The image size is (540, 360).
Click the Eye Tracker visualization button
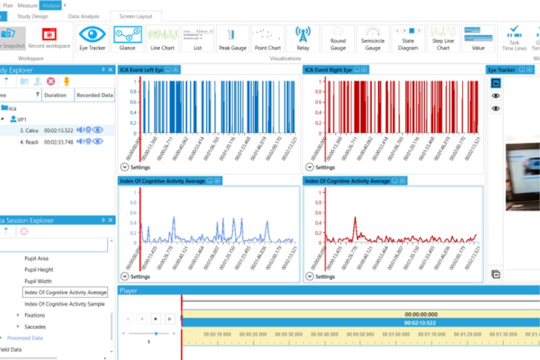pos(93,37)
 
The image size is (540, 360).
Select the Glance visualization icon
pos(127,37)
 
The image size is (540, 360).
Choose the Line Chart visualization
pos(163,37)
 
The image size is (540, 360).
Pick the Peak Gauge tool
pos(232,37)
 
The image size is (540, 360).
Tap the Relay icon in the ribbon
pos(303,37)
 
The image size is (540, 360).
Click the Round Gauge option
pos(338,37)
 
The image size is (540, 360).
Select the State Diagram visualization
pos(408,37)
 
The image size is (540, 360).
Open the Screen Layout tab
pos(136,17)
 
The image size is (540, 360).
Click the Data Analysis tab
pos(84,17)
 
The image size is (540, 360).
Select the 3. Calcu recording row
pos(28,130)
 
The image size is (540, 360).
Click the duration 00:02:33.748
pos(58,141)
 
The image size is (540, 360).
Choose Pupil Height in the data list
pos(39,270)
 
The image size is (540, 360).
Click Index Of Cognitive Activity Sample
pos(65,304)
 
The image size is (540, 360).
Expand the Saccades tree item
pos(18,327)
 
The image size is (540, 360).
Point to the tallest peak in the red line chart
pos(355,218)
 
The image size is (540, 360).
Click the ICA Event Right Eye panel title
pos(328,70)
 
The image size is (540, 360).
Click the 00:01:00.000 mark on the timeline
pos(396,334)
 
